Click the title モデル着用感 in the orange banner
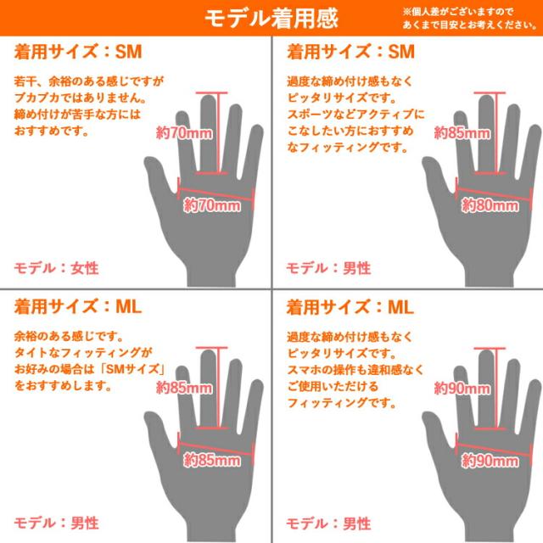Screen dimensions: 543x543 [271, 18]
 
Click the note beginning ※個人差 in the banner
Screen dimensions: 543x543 [469, 19]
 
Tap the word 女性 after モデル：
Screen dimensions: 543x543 [85, 268]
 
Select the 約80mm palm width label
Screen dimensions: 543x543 [490, 205]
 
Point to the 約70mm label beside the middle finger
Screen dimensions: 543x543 [184, 132]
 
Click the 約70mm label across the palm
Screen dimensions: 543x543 [212, 205]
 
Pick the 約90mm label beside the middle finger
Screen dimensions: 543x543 [462, 388]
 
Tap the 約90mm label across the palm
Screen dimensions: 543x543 [490, 461]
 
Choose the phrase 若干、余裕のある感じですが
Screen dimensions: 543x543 [89, 81]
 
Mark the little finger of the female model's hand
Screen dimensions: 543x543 [254, 153]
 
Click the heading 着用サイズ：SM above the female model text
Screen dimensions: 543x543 [78, 52]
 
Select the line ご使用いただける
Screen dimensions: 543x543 [333, 386]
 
